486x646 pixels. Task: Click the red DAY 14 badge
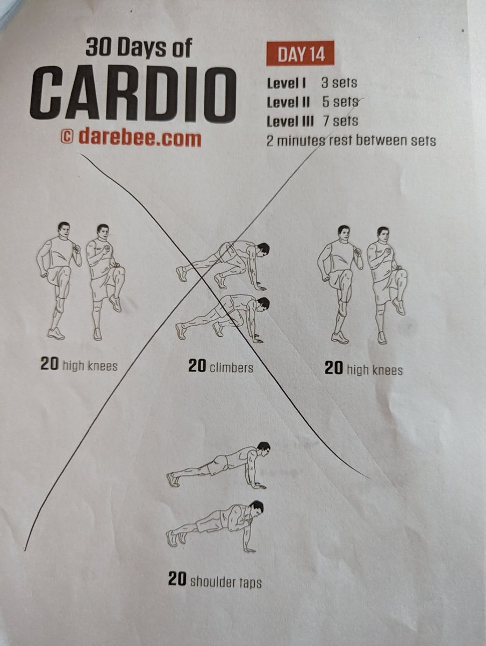[300, 53]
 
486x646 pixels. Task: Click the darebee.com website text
[140, 137]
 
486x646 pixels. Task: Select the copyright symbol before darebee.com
[67, 137]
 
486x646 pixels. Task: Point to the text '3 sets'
[339, 83]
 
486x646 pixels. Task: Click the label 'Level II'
[288, 102]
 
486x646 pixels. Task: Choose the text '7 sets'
[340, 121]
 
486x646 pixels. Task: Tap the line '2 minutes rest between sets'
[351, 141]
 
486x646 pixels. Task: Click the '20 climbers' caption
[220, 367]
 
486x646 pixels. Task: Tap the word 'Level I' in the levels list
[287, 83]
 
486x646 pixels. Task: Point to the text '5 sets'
[340, 102]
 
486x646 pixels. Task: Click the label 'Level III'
[290, 121]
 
